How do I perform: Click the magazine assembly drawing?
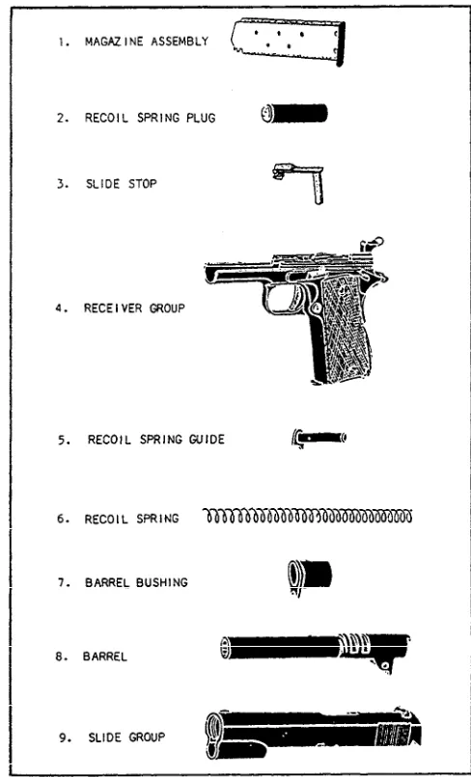(x=289, y=41)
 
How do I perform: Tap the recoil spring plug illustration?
(x=294, y=114)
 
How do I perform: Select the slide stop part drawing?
(x=299, y=182)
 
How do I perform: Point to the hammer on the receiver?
(x=372, y=246)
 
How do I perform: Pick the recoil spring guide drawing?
(x=319, y=438)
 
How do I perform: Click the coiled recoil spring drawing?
(x=308, y=517)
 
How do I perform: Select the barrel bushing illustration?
(x=310, y=576)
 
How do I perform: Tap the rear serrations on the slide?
(x=393, y=734)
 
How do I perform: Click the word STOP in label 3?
(x=143, y=184)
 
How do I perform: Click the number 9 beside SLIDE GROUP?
(x=64, y=737)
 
